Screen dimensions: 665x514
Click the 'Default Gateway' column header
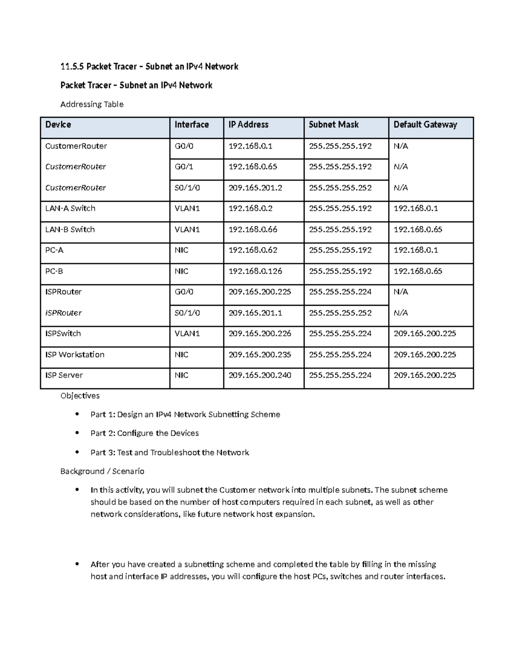[425, 125]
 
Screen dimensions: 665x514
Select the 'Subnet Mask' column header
[333, 125]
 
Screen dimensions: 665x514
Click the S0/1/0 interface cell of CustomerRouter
[187, 188]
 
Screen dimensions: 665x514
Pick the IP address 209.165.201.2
[255, 188]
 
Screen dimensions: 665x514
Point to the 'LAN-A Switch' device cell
[70, 209]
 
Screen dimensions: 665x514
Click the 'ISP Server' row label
[64, 375]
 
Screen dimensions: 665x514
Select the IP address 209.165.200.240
[260, 375]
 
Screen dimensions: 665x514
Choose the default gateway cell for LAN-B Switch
[418, 230]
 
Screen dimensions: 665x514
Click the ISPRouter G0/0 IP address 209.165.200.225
[260, 292]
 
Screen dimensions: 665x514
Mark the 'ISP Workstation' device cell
[75, 355]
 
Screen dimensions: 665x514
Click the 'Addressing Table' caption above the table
[92, 104]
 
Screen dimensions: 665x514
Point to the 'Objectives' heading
[80, 396]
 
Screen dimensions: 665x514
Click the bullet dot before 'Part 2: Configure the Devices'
[77, 433]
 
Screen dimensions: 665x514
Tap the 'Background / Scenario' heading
[102, 471]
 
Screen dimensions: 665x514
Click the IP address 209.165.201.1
[255, 313]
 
